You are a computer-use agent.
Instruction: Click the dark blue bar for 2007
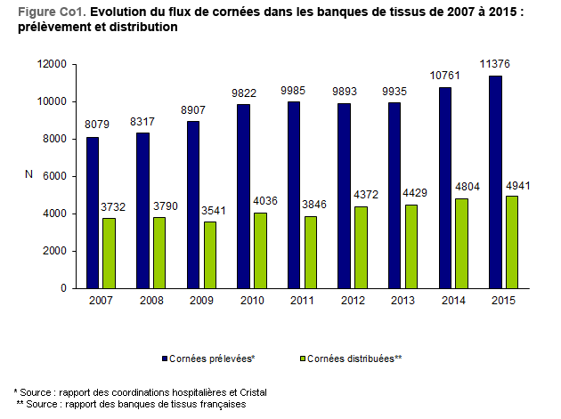click(x=93, y=213)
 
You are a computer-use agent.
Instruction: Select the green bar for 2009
click(x=209, y=254)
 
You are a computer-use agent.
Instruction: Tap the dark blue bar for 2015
click(x=496, y=181)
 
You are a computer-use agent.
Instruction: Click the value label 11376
click(x=496, y=63)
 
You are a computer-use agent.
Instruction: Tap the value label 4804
click(x=460, y=186)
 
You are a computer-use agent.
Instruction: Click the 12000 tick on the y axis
click(x=52, y=64)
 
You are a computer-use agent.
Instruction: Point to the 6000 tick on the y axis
click(x=54, y=176)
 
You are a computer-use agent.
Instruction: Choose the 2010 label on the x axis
click(x=251, y=302)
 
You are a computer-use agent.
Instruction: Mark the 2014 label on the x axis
click(x=452, y=302)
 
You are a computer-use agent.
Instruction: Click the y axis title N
click(x=29, y=175)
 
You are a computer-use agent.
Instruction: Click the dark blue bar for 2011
click(x=293, y=195)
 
